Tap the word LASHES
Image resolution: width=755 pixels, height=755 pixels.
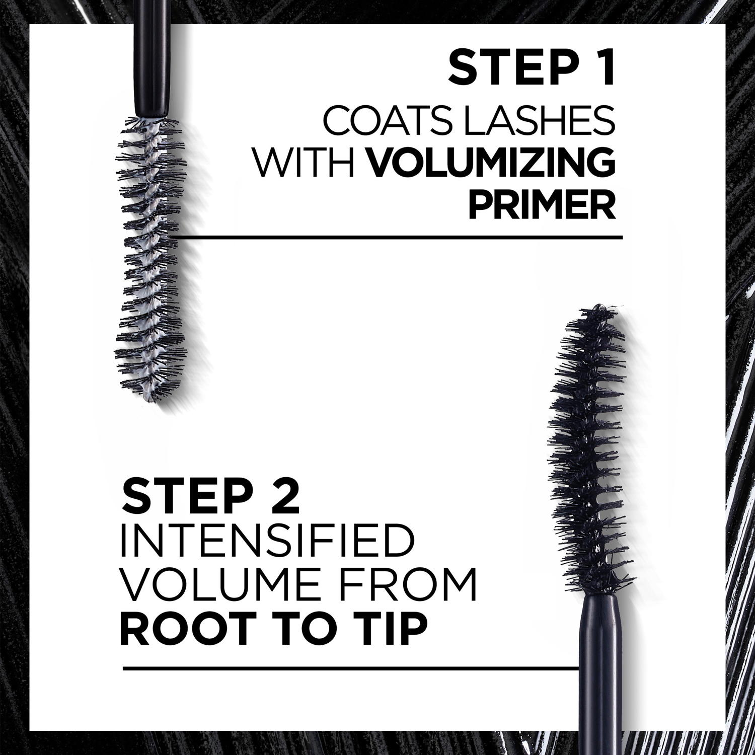tap(538, 122)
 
